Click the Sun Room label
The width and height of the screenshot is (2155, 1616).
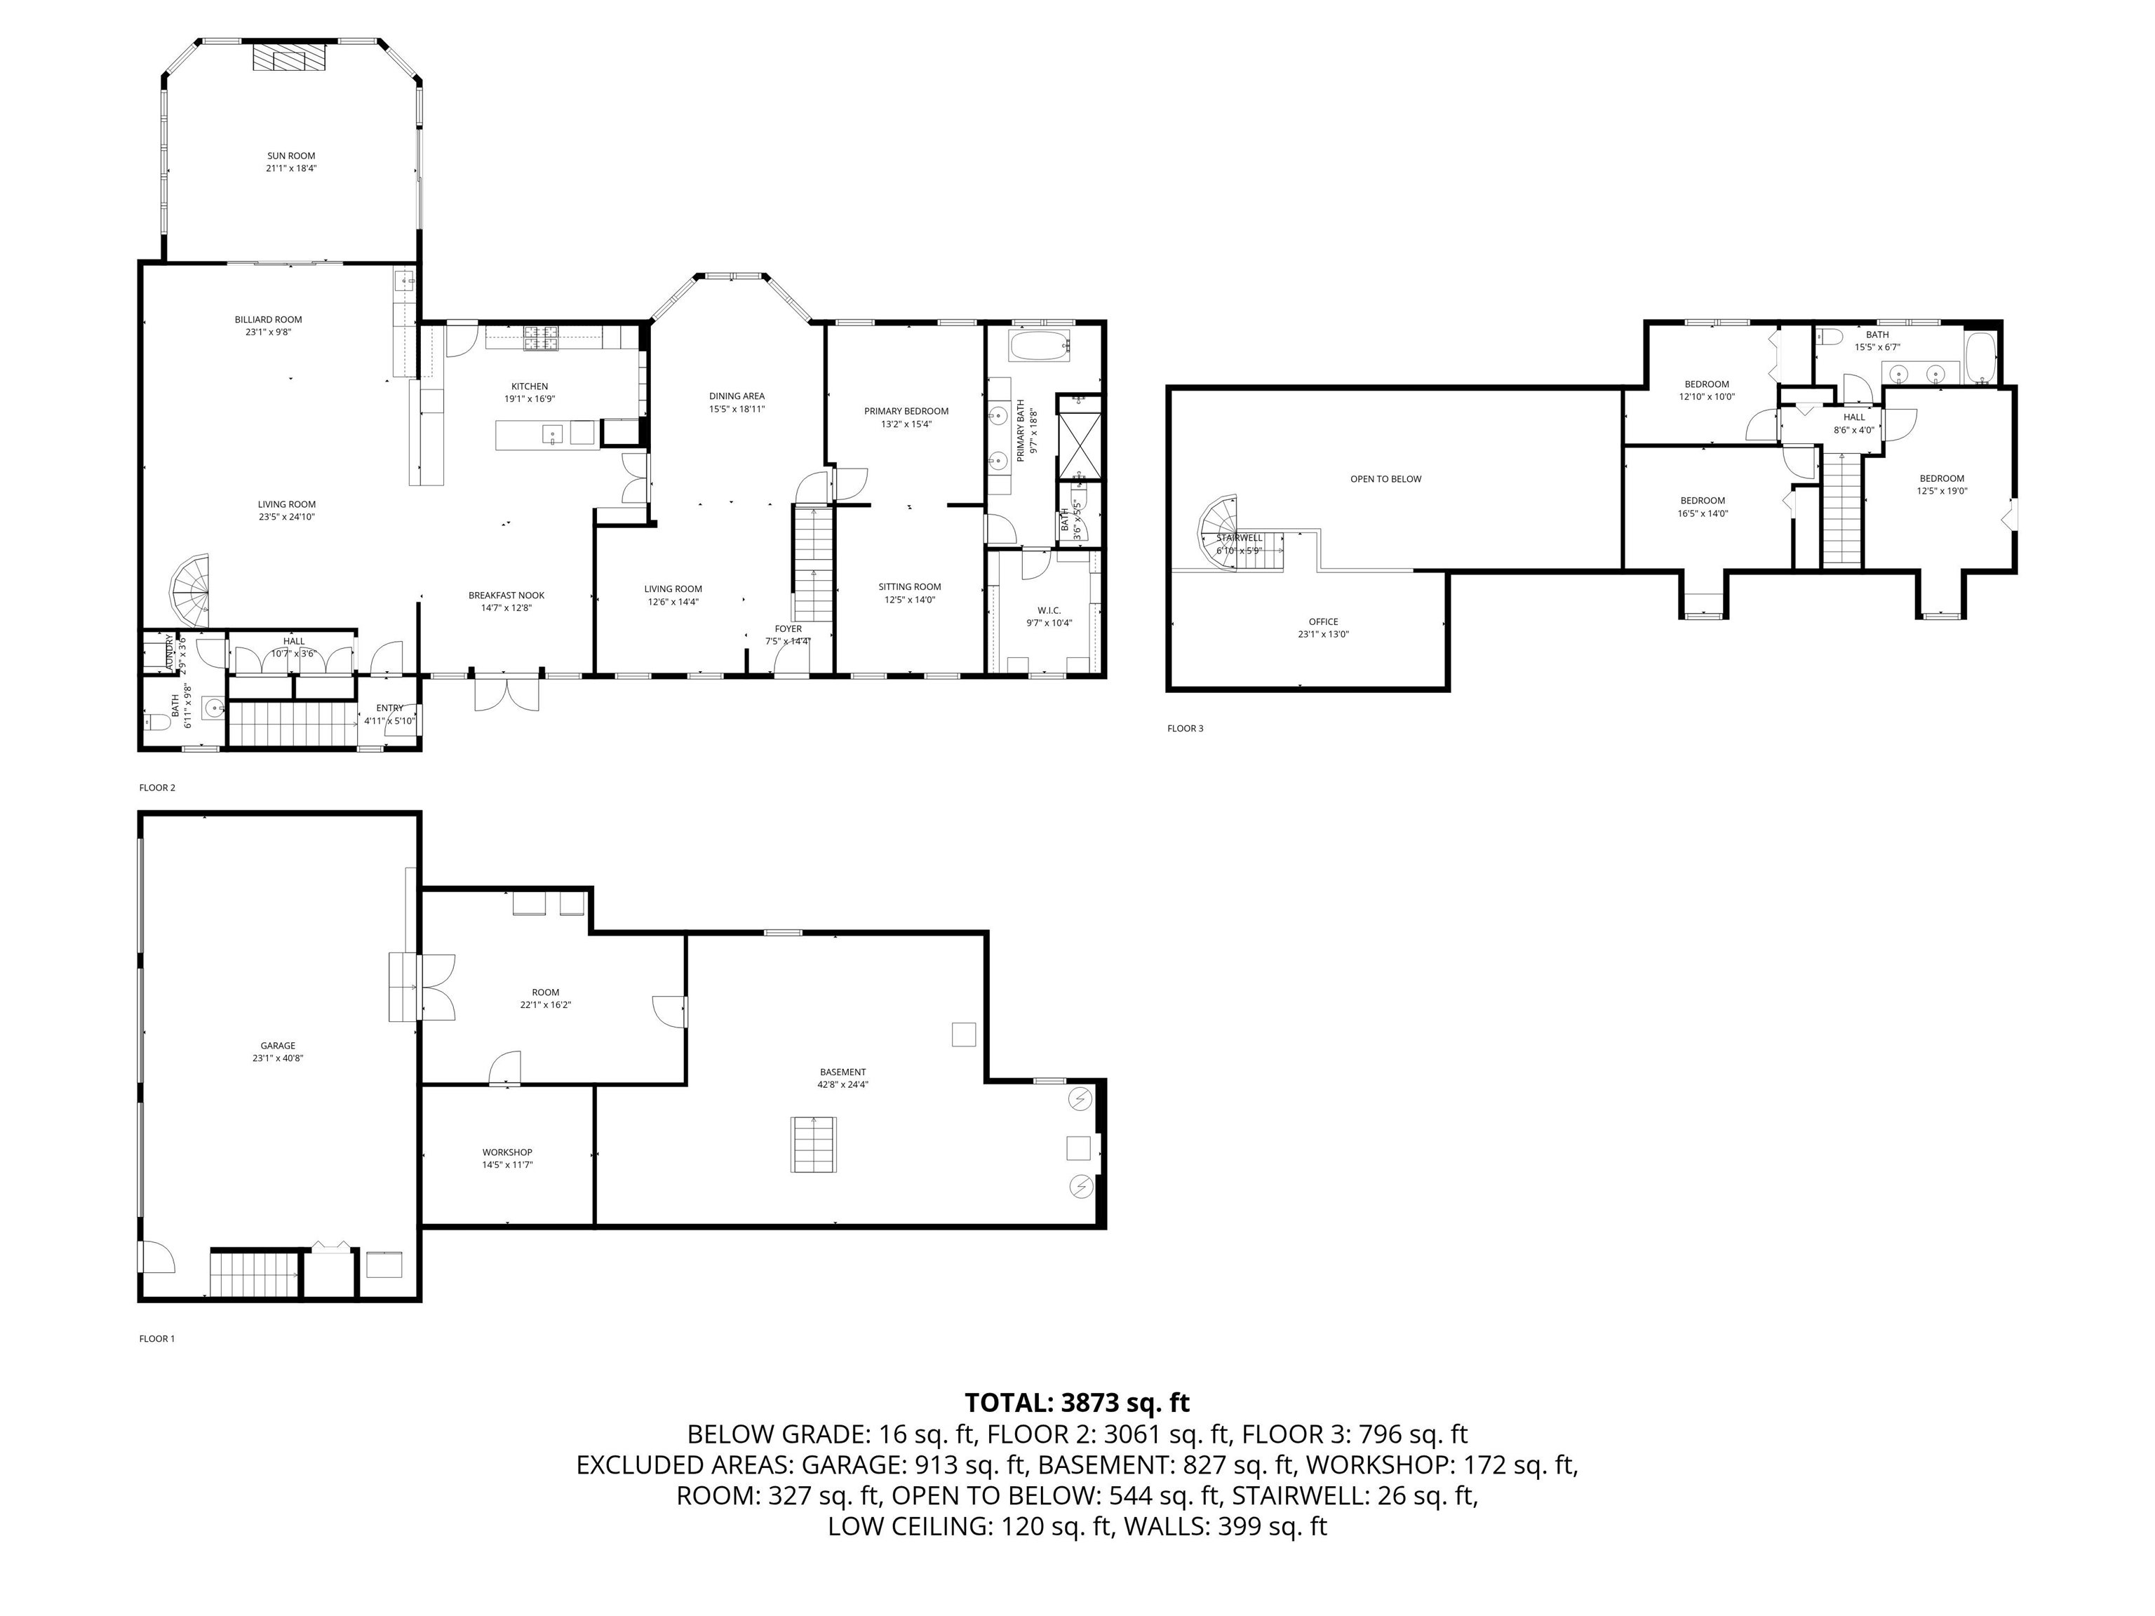point(291,156)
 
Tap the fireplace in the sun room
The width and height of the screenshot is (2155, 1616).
point(288,58)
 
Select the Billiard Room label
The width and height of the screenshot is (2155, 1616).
point(268,320)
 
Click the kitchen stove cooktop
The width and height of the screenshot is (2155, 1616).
point(539,337)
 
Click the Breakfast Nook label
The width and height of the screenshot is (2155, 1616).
point(506,595)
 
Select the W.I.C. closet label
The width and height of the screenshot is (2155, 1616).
point(1048,611)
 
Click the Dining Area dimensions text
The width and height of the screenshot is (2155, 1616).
point(737,409)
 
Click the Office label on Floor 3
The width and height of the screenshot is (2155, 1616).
point(1322,621)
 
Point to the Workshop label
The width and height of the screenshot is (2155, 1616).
point(506,1152)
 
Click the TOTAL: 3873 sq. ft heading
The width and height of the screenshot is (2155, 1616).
point(1077,1403)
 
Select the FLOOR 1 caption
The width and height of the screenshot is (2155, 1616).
point(157,1338)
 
